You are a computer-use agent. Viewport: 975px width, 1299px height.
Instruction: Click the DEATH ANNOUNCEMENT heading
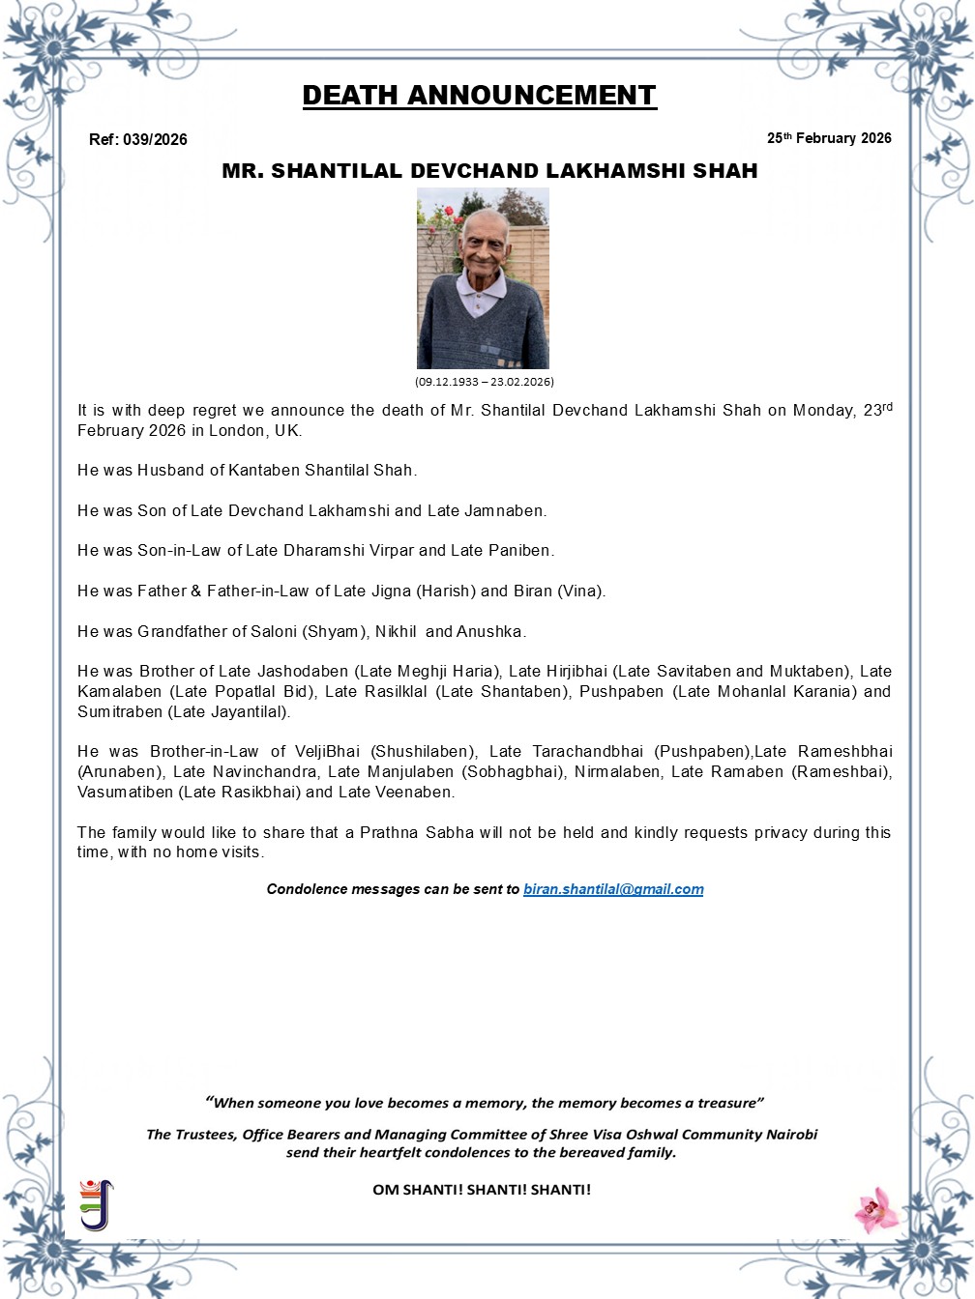(x=479, y=96)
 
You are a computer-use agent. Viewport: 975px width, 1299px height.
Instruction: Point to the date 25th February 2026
(x=829, y=138)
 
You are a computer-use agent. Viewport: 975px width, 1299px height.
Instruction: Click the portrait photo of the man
(x=483, y=278)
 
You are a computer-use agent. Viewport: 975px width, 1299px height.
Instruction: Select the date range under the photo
(x=484, y=382)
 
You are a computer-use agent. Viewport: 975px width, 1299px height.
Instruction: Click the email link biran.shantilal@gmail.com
(x=613, y=889)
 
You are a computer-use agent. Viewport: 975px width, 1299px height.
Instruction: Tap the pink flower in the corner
(x=876, y=1209)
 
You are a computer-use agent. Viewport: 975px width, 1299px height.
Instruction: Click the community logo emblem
(x=96, y=1204)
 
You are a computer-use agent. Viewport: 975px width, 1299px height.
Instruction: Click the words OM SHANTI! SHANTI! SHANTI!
(x=482, y=1190)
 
